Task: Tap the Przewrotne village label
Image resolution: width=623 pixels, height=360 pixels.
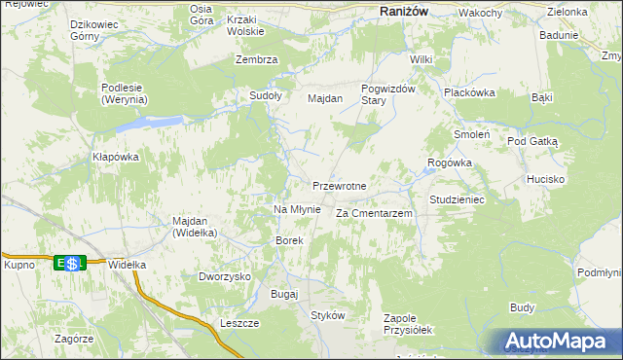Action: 339,186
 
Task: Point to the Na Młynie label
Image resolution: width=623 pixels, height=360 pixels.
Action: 297,209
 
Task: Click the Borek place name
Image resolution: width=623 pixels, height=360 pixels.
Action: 290,240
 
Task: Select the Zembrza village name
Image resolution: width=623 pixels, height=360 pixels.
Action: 257,59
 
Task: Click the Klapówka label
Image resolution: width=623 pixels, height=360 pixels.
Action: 116,157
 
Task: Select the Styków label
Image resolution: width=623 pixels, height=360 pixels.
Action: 328,315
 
